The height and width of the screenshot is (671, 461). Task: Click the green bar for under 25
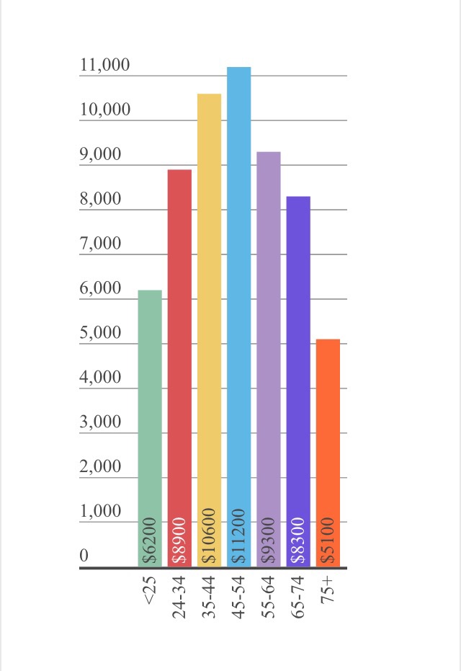click(150, 418)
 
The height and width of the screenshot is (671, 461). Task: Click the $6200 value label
click(150, 541)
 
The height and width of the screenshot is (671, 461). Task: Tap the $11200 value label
click(239, 536)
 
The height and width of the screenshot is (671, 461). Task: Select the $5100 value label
click(328, 541)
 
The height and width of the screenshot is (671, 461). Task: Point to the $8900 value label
click(179, 541)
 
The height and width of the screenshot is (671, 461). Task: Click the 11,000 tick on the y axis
click(105, 66)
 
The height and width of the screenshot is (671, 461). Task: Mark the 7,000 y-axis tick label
click(101, 244)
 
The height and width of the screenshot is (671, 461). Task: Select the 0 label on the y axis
click(84, 556)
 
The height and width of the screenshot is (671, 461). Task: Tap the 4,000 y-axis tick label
click(101, 378)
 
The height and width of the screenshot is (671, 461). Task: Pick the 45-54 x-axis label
click(239, 597)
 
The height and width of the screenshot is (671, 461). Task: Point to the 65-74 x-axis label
click(298, 597)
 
